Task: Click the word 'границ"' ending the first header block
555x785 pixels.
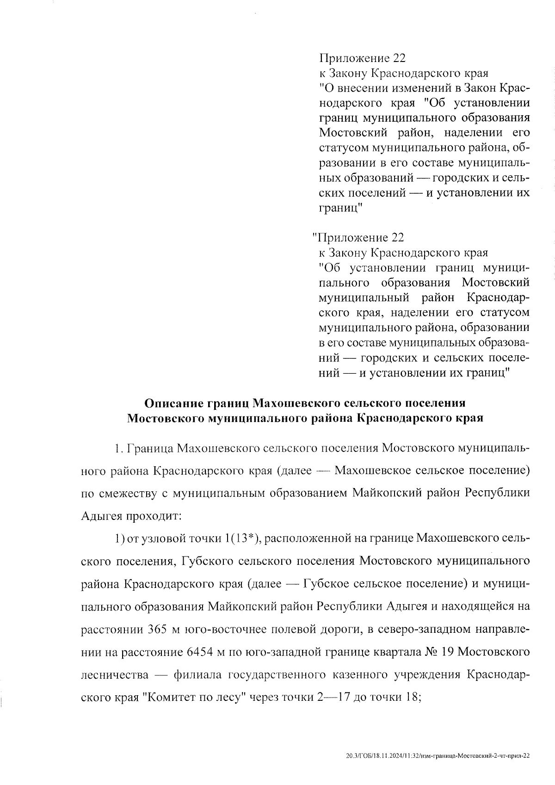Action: [340, 208]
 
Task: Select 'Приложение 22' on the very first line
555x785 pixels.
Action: [363, 58]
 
